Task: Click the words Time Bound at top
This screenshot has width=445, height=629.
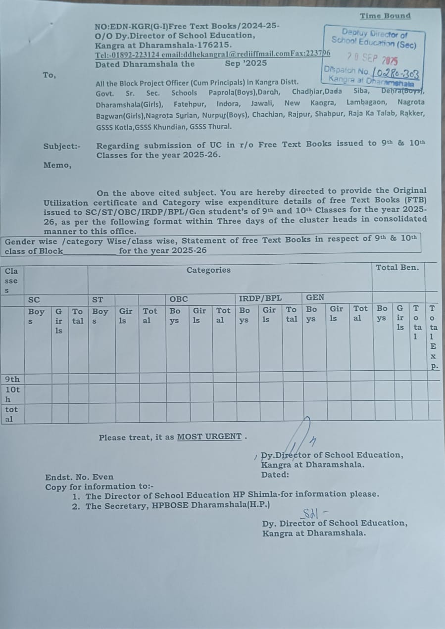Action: tap(385, 16)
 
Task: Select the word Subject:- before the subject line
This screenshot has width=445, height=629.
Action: tap(62, 146)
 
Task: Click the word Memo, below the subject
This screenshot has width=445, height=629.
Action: tap(57, 165)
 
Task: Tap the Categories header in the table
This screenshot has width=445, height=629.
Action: tap(208, 270)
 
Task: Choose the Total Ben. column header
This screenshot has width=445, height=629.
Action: tap(397, 267)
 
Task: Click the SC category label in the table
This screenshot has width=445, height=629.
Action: tap(34, 299)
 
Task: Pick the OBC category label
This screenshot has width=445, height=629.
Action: tap(179, 299)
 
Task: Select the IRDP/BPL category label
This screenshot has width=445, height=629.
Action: tap(260, 298)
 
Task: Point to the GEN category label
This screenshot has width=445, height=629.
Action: tap(315, 297)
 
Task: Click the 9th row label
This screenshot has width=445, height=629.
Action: tap(12, 380)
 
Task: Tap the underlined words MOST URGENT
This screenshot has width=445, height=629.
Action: tap(209, 437)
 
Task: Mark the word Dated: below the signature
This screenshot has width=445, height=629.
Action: tap(275, 475)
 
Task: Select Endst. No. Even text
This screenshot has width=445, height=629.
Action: tap(79, 477)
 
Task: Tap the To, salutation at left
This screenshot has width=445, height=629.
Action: tap(49, 75)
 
